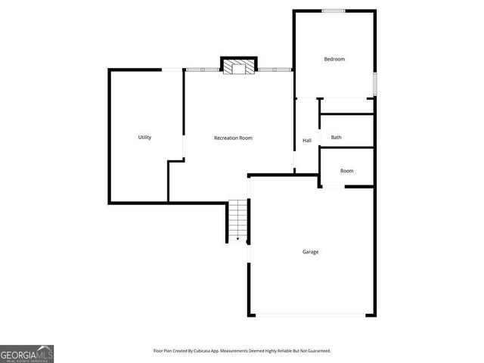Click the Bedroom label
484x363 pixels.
coord(334,59)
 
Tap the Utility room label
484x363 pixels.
coord(144,138)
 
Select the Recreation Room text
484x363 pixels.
coord(233,138)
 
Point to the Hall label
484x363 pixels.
coord(307,141)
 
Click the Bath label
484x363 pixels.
coord(337,138)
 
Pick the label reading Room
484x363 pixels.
coord(346,171)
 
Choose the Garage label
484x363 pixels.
coord(310,252)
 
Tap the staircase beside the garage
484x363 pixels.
coord(237,220)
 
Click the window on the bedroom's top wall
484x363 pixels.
coord(334,11)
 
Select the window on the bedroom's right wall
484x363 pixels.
coord(374,83)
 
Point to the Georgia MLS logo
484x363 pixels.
coord(26,353)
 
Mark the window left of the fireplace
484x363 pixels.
coord(203,70)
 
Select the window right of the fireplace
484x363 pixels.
coord(275,70)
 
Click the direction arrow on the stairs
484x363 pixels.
coord(237,239)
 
